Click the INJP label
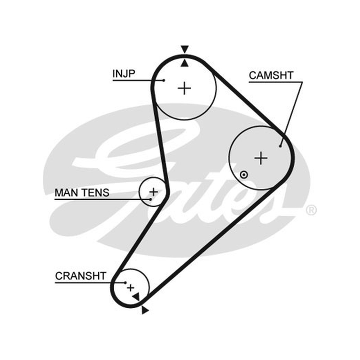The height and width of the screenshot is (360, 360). tap(124, 74)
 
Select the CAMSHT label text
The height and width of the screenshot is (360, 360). tap(271, 76)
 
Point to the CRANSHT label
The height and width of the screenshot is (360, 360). tap(81, 276)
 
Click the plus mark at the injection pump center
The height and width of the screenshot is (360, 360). tap(184, 88)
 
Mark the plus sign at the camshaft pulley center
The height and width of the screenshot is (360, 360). tap(261, 158)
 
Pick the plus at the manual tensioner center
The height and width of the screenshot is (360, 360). tap(153, 192)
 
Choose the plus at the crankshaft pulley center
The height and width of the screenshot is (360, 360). tap(130, 288)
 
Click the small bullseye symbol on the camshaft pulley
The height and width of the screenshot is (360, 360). tap(244, 175)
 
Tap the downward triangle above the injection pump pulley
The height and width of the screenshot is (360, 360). tap(184, 49)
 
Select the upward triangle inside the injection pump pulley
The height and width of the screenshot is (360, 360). tap(184, 63)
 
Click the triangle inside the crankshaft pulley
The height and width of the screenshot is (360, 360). tap(136, 297)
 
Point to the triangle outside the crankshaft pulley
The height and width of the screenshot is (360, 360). tap(145, 310)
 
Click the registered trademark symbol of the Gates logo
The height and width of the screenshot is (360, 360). tap(311, 210)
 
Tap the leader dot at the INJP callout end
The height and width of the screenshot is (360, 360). tap(164, 81)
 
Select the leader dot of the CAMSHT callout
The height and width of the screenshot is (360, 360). tap(280, 146)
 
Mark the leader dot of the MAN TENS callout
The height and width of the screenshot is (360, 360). tap(151, 199)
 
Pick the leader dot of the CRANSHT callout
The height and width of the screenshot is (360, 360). tap(126, 283)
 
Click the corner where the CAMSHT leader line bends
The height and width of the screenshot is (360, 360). tap(302, 82)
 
